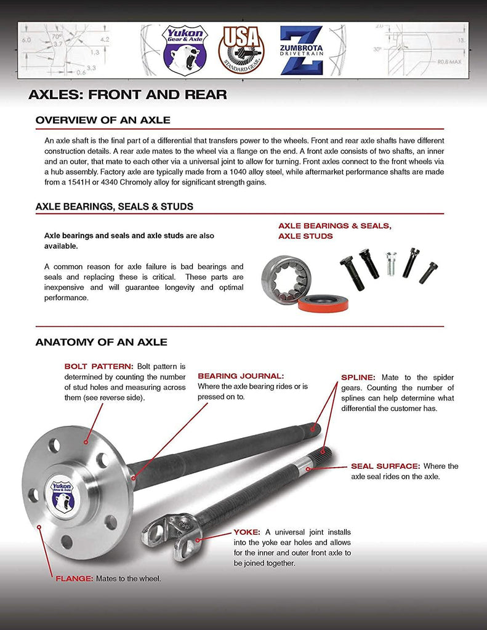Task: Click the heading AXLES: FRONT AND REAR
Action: (127, 95)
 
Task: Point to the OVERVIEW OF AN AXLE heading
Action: (103, 120)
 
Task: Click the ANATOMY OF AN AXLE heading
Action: (101, 342)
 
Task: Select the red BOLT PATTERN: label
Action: (99, 366)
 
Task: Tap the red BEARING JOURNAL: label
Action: (241, 375)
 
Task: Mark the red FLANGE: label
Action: (74, 579)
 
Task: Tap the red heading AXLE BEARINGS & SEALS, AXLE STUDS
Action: (334, 231)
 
